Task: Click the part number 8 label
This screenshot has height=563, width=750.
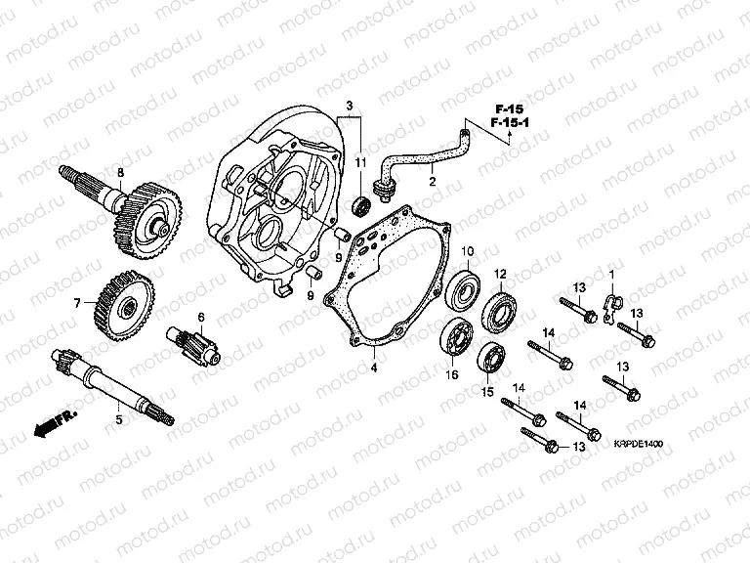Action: [x=120, y=173]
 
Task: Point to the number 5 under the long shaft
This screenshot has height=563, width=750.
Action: [x=119, y=419]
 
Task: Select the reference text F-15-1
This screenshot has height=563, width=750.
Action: [x=509, y=124]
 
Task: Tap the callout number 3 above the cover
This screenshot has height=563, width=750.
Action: [x=347, y=105]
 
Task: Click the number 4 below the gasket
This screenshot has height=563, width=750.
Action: [x=372, y=368]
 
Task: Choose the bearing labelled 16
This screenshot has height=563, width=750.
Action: [x=453, y=338]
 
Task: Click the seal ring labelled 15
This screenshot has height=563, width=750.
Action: [x=491, y=359]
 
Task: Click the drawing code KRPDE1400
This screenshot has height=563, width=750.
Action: [x=641, y=444]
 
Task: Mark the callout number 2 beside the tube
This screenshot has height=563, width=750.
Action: [x=430, y=180]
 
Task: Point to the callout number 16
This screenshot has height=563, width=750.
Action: [x=452, y=374]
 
